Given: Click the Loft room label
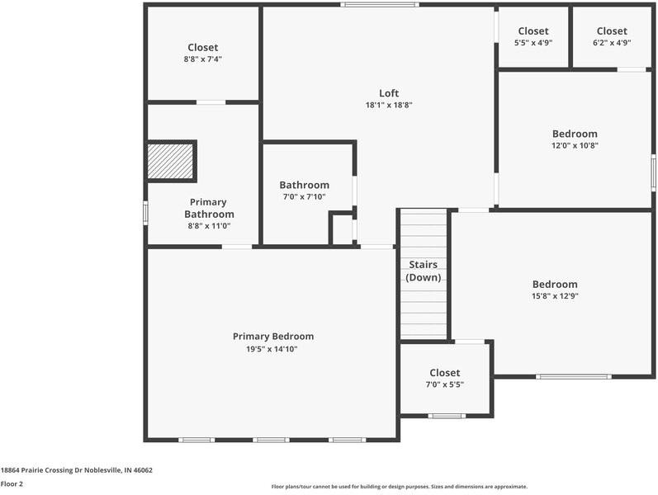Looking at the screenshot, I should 389,93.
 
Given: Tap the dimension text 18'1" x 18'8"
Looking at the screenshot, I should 389,106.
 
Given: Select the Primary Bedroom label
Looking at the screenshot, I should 273,336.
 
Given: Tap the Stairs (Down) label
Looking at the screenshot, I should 424,271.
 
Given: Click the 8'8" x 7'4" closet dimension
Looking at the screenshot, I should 203,59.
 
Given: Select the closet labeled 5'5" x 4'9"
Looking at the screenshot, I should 533,37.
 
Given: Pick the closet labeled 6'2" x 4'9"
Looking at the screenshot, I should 612,37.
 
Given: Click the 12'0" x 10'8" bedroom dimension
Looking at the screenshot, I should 575,145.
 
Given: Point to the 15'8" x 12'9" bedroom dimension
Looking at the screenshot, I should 555,296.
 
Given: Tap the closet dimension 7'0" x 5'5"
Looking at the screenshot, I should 445,384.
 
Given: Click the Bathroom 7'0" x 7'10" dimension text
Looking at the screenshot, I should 304,197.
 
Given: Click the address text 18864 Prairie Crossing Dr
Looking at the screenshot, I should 76,470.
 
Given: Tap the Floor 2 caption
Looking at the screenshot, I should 12,484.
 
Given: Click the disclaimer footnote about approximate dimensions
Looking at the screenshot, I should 399,487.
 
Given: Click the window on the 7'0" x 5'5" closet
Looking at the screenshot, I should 447,416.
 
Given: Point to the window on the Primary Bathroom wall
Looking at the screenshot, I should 145,213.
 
